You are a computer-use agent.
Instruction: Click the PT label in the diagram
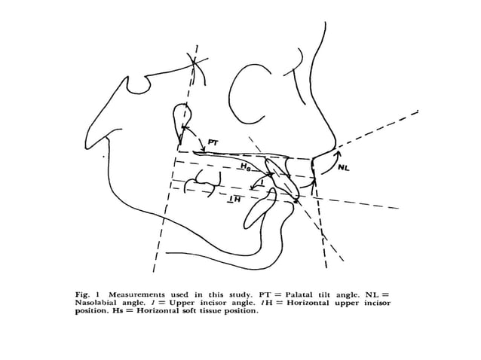213,142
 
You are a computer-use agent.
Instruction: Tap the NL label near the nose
344,168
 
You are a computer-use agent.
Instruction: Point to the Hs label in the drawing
246,166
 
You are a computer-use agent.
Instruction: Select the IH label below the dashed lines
234,200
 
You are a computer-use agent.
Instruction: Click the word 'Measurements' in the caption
136,294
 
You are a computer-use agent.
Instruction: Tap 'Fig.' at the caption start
82,294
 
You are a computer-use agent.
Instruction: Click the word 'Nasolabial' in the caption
95,303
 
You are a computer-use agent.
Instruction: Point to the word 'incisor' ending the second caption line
377,303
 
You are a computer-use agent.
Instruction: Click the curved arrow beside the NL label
331,161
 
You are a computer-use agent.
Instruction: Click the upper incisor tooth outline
280,179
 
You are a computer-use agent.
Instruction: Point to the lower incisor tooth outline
259,209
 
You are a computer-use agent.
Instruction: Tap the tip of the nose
336,143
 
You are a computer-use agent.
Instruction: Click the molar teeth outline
203,182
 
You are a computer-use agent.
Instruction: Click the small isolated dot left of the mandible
103,157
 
